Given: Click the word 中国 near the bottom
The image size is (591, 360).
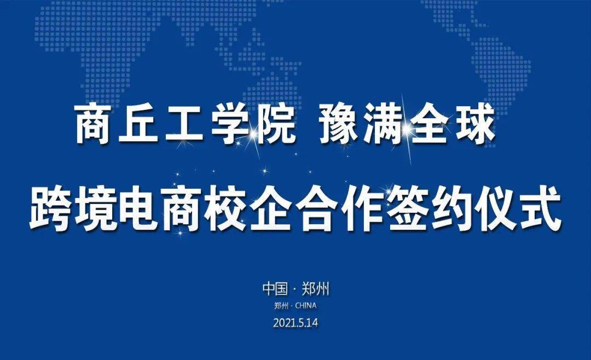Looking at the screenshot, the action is (x=275, y=289).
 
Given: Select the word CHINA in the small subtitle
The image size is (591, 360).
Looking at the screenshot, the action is (x=306, y=306).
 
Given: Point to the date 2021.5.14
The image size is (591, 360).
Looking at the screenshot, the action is (x=296, y=323).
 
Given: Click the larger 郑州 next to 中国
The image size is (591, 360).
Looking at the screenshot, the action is (x=316, y=289).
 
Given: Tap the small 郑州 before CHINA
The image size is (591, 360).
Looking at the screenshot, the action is (x=282, y=306).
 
